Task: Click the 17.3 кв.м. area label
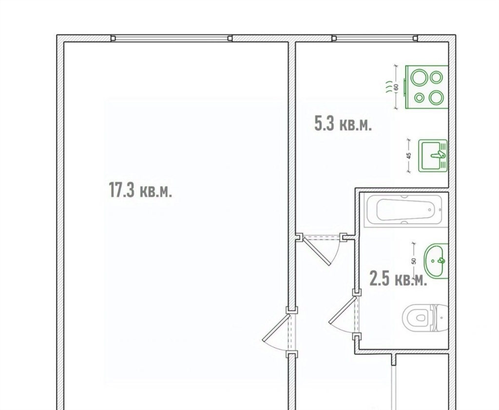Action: pos(140,190)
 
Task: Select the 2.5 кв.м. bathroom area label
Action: pos(398,278)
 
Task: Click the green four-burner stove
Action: pos(426,87)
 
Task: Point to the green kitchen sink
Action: pos(433,156)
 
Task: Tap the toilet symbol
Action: pos(425,318)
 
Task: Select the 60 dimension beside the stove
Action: pos(396,87)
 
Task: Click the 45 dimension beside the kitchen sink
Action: pos(409,156)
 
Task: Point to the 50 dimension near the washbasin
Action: pos(414,261)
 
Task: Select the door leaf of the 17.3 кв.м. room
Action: pos(276,328)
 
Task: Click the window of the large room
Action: pos(172,38)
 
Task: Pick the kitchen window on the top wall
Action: pos(375,38)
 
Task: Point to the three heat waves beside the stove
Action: pos(388,87)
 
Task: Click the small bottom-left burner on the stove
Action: pos(419,98)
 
